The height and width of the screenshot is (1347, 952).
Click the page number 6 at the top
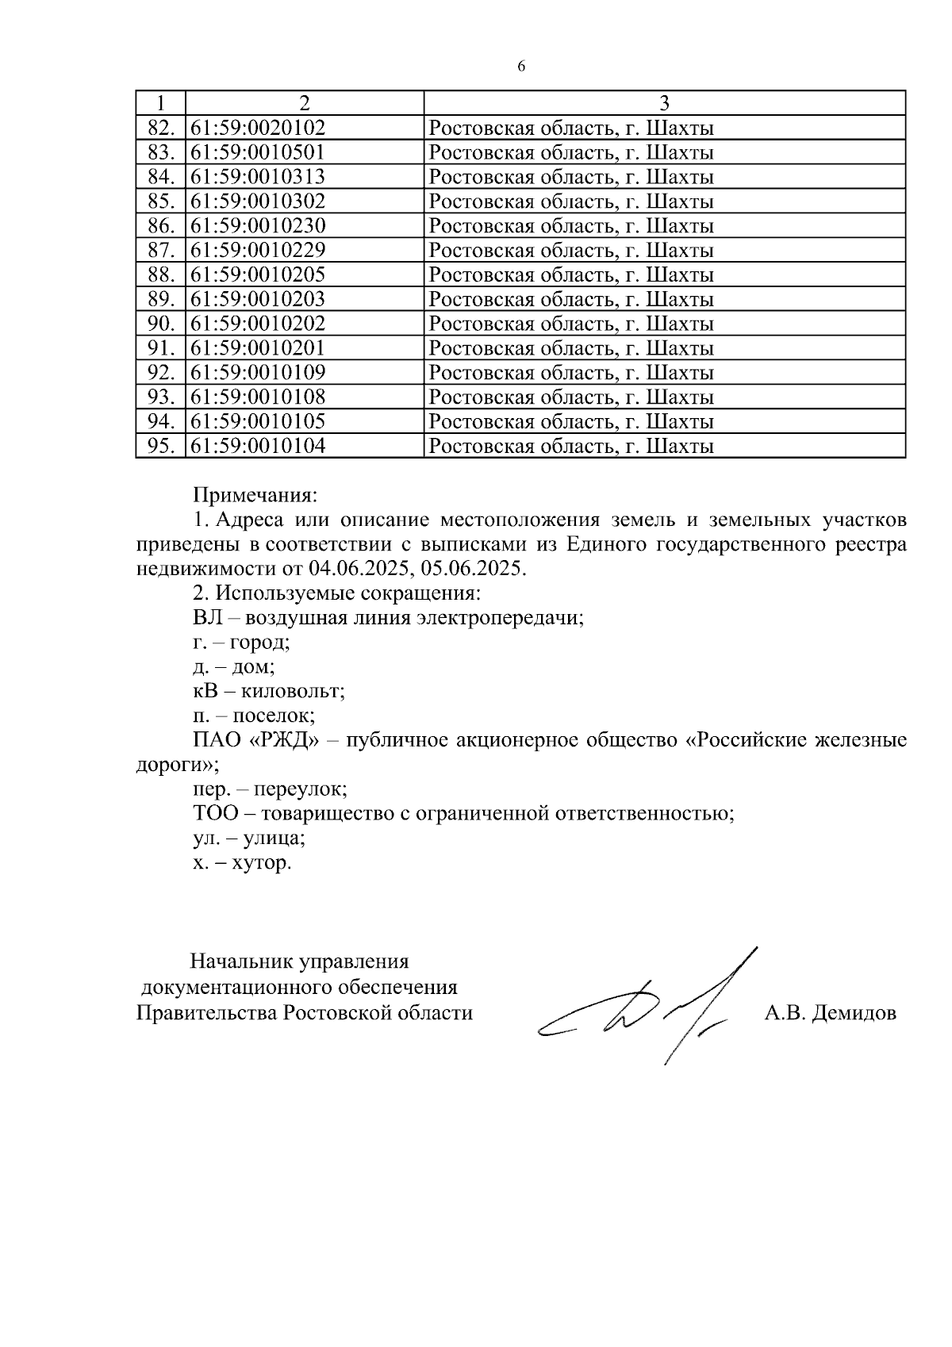(521, 67)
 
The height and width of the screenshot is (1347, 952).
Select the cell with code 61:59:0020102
(259, 128)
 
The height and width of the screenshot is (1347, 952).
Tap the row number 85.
(160, 201)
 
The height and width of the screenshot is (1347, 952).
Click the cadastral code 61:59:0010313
(259, 177)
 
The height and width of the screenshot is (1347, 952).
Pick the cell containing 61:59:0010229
(259, 251)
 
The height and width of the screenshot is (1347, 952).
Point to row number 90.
(160, 324)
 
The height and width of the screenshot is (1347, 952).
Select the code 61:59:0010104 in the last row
(259, 446)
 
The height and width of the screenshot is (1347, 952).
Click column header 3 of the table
(664, 103)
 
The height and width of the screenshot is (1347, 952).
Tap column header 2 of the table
(304, 103)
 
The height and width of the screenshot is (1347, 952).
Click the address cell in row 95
(571, 446)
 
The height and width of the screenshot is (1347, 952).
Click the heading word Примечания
(255, 496)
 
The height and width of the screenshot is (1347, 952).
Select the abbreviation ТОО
(214, 813)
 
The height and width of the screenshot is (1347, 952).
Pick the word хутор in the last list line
(261, 862)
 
